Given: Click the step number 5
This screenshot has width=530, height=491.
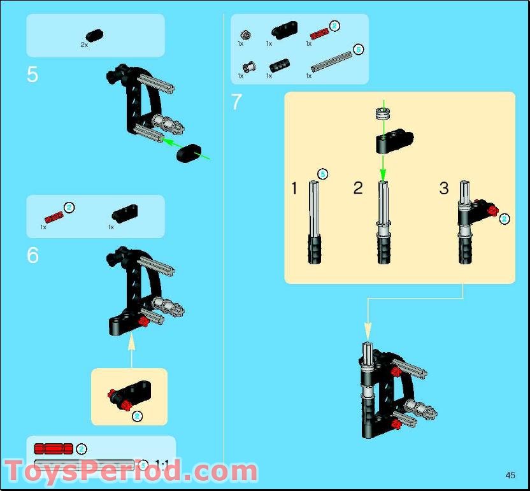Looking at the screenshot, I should [x=32, y=75].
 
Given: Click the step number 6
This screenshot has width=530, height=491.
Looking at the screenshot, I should [x=32, y=255].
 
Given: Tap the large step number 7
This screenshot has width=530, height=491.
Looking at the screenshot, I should [x=237, y=102].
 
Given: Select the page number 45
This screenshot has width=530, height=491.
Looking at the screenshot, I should [x=510, y=475].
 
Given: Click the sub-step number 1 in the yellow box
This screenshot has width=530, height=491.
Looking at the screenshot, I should [x=294, y=189].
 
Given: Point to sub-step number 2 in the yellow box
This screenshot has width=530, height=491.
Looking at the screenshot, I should [x=358, y=189].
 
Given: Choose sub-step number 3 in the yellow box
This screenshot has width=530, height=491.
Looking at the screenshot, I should [x=444, y=189].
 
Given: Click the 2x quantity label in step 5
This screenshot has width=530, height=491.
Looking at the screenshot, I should [x=84, y=45].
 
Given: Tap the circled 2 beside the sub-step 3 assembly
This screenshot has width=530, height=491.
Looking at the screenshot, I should [x=505, y=218].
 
